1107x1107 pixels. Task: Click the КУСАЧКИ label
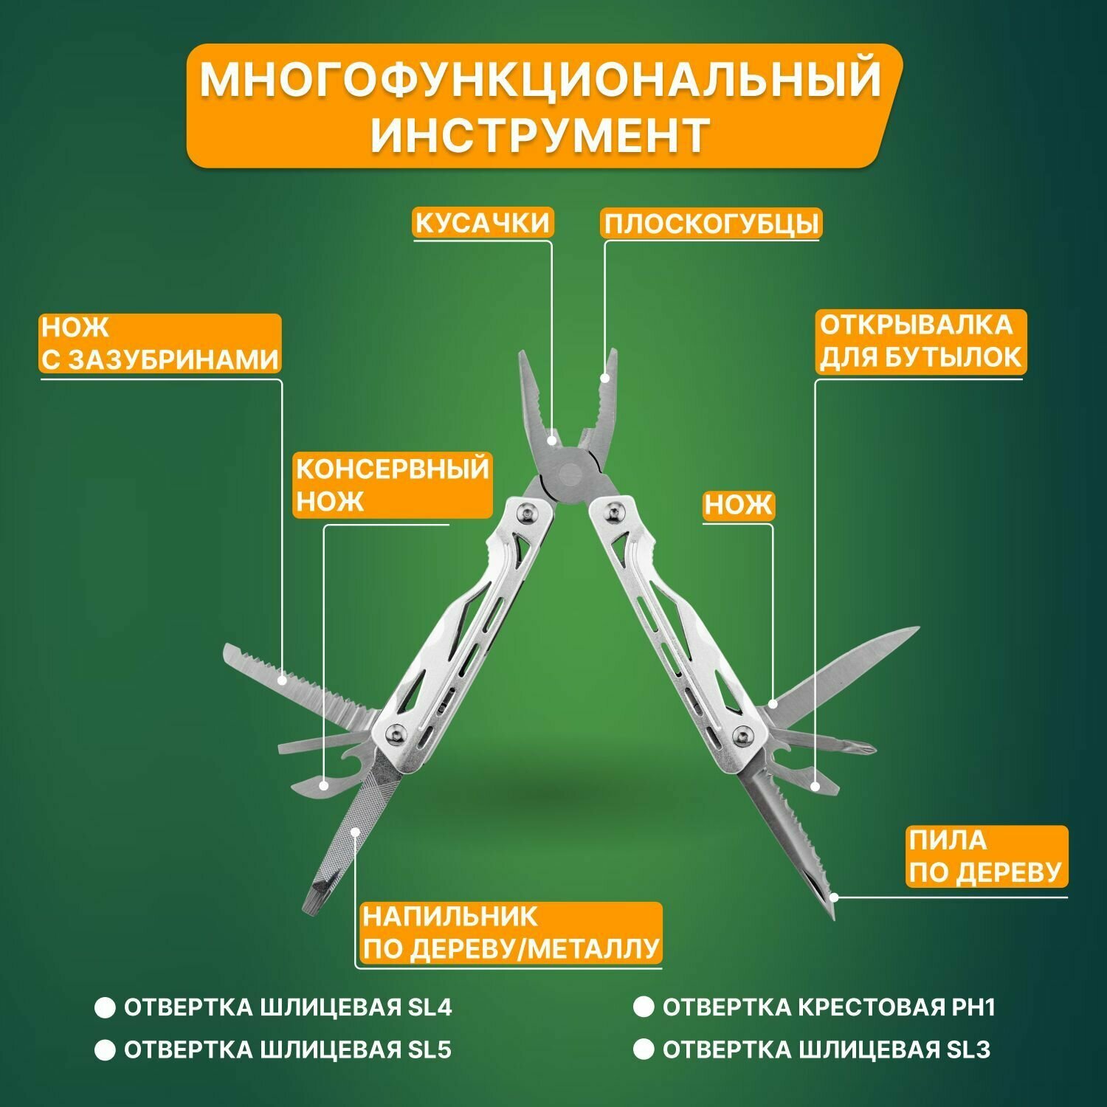[483, 223]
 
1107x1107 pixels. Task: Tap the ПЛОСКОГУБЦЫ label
[711, 224]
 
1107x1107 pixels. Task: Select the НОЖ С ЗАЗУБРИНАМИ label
[159, 343]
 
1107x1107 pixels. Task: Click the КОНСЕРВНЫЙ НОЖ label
[392, 485]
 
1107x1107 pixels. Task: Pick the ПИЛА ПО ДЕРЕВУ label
[986, 856]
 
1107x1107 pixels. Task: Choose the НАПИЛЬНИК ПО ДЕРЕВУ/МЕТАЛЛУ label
[510, 933]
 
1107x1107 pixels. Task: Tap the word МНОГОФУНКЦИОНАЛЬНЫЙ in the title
[540, 80]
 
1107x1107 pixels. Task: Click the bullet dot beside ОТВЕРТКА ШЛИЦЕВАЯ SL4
[106, 1008]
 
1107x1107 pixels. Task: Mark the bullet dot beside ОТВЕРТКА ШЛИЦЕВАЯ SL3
[644, 1049]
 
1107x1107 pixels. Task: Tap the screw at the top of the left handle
[525, 512]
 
